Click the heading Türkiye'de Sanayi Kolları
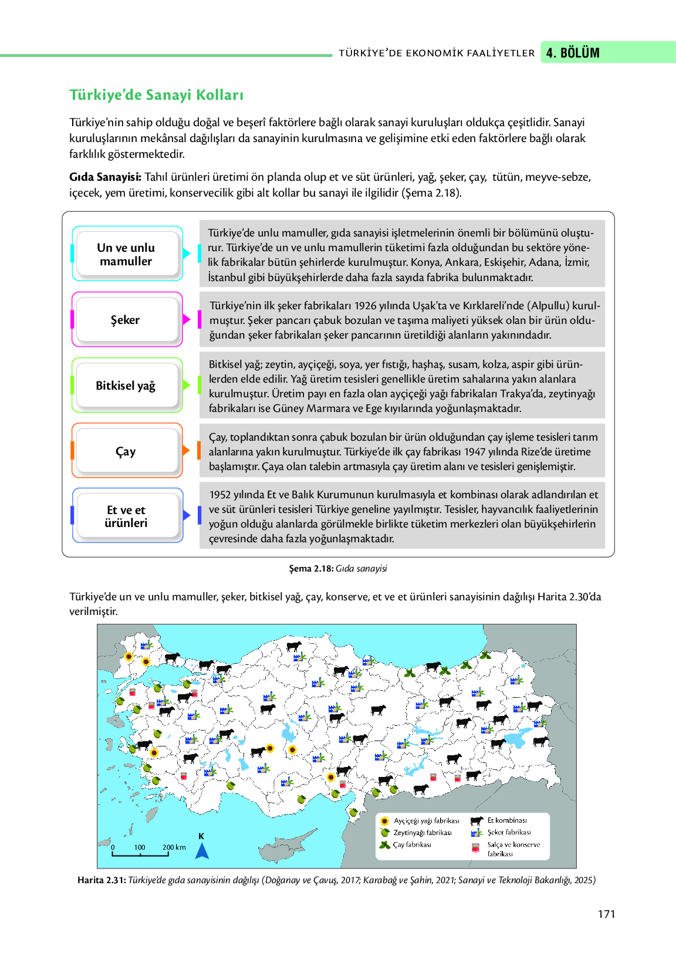pyautogui.click(x=156, y=95)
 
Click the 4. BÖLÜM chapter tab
pyautogui.click(x=573, y=53)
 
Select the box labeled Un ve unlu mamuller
pyautogui.click(x=126, y=255)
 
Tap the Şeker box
pyautogui.click(x=126, y=320)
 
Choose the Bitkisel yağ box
pyautogui.click(x=126, y=386)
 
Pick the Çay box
pyautogui.click(x=126, y=451)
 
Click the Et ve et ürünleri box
pyautogui.click(x=126, y=516)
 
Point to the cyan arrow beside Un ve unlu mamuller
pyautogui.click(x=187, y=254)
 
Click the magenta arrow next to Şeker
pyautogui.click(x=187, y=319)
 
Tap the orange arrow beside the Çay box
pyautogui.click(x=187, y=451)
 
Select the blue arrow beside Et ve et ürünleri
pyautogui.click(x=187, y=515)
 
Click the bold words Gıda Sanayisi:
pyautogui.click(x=105, y=177)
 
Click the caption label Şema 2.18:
pyautogui.click(x=311, y=569)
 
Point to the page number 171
pyautogui.click(x=606, y=914)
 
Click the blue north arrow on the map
pyautogui.click(x=202, y=850)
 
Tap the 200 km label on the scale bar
pyautogui.click(x=174, y=847)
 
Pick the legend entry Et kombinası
pyautogui.click(x=506, y=820)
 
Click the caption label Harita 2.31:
pyautogui.click(x=102, y=880)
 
